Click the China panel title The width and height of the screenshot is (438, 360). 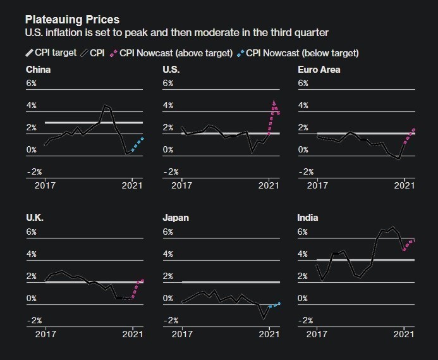coord(38,69)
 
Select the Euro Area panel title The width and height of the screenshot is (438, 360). coord(319,69)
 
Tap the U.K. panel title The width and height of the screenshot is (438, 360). coord(35,218)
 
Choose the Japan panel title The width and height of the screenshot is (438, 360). coord(176,218)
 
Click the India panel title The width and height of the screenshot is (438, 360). coord(308,218)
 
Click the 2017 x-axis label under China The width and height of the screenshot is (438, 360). coord(46,185)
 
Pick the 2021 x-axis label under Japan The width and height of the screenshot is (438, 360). coord(270,333)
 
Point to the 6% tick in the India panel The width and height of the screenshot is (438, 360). coord(303,232)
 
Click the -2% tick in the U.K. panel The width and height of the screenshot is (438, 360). coord(33,321)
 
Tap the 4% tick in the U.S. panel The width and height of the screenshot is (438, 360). coord(169,106)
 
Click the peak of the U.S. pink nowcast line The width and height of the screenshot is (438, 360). coord(274,102)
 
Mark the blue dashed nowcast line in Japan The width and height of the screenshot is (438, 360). coord(274,304)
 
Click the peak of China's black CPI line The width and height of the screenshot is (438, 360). coord(106,106)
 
